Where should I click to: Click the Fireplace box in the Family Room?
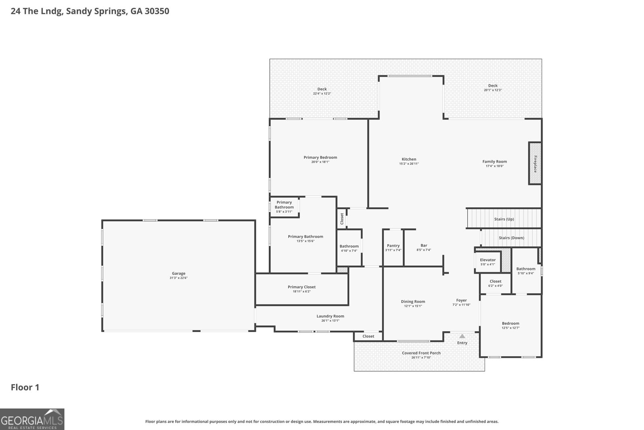(535, 163)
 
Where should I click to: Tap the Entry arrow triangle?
(462, 336)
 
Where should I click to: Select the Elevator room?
(488, 262)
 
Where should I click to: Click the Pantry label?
(393, 245)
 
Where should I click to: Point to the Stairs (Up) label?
(504, 219)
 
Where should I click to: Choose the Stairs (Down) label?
(512, 238)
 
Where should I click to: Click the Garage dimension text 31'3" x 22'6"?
(179, 278)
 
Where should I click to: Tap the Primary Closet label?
(301, 287)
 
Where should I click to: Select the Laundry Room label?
(330, 316)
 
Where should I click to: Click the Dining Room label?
(413, 301)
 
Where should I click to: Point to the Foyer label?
(461, 300)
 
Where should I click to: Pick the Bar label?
(424, 245)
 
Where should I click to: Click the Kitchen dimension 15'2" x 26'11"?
(409, 164)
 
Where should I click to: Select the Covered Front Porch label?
(421, 353)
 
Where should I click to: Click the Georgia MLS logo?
(32, 419)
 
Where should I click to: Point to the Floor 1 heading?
(25, 387)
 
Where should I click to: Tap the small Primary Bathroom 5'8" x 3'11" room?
(284, 207)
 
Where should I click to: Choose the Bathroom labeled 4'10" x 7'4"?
(349, 248)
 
